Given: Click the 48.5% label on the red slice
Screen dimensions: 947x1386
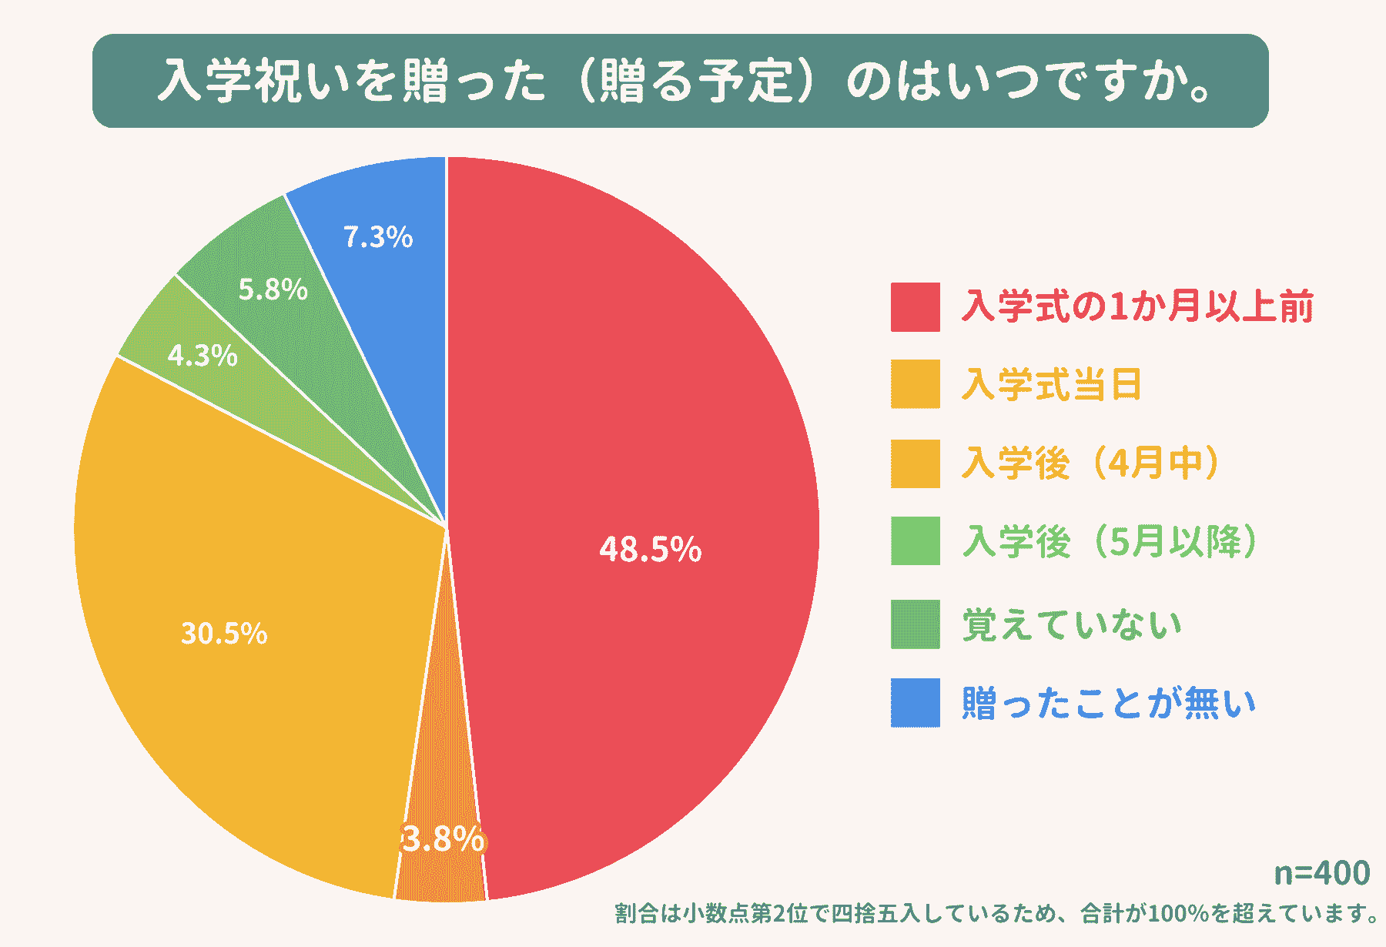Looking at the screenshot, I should (651, 550).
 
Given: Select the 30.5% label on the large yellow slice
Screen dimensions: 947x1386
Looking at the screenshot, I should (224, 634).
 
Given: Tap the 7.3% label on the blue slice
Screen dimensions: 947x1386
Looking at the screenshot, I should (378, 237).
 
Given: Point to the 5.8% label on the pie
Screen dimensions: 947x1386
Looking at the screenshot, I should (273, 289).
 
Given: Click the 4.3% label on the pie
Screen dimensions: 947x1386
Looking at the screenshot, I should (203, 356).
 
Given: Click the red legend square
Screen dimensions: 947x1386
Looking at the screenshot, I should (915, 307).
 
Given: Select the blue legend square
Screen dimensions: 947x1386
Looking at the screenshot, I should (915, 702).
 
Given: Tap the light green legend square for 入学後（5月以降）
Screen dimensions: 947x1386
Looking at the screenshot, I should (915, 541).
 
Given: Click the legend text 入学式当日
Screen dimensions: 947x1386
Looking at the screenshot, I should (1052, 384).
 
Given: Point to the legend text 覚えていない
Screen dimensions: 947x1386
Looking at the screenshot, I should (1072, 624).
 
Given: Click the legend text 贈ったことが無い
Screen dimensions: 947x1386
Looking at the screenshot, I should (1109, 703).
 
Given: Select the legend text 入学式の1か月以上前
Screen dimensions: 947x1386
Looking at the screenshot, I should (1137, 306).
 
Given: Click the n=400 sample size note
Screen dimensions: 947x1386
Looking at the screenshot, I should (1322, 873).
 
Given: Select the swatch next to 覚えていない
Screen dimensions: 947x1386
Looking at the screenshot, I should (915, 624).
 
